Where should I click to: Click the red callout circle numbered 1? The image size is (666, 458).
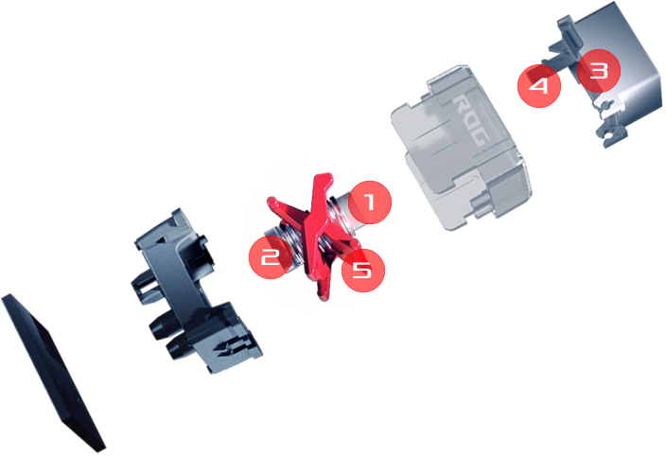point(370,203)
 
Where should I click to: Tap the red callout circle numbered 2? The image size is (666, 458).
point(271,257)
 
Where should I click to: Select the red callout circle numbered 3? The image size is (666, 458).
point(599,71)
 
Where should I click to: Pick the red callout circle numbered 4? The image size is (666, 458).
point(539,86)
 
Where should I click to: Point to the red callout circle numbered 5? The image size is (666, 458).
point(363,271)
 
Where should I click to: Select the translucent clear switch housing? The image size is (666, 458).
point(461,149)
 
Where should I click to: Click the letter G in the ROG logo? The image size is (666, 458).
point(482,138)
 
